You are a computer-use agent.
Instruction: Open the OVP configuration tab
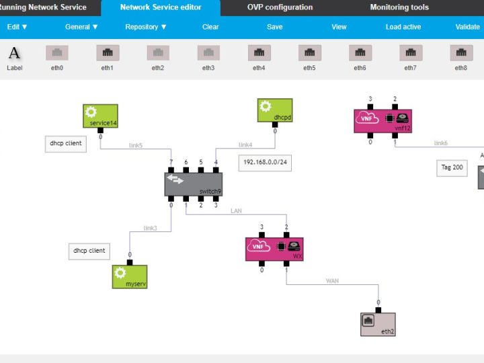click(x=280, y=7)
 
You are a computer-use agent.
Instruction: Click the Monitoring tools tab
click(x=399, y=7)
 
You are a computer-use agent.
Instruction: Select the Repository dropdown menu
click(x=146, y=27)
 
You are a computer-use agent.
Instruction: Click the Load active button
click(x=403, y=27)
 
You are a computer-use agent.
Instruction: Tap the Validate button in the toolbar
click(x=467, y=27)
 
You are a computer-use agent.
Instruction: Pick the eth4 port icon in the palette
click(x=259, y=53)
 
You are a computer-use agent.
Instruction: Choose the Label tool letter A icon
click(x=14, y=53)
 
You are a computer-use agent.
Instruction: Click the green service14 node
click(x=100, y=116)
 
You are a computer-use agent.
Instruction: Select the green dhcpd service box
click(x=275, y=110)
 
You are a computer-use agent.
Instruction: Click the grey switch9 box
click(x=193, y=184)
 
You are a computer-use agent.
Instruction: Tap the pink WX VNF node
click(x=274, y=249)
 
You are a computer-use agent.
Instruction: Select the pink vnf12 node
click(x=382, y=121)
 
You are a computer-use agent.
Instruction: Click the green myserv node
click(x=130, y=276)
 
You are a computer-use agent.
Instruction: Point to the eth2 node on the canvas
click(x=378, y=325)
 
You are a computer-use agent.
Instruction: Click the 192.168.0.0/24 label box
click(x=265, y=163)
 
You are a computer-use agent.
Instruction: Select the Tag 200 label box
click(x=452, y=168)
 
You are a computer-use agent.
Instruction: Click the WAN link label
click(x=332, y=280)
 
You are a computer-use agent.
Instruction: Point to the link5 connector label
click(x=136, y=145)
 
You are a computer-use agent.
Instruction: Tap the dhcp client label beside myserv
click(x=89, y=251)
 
